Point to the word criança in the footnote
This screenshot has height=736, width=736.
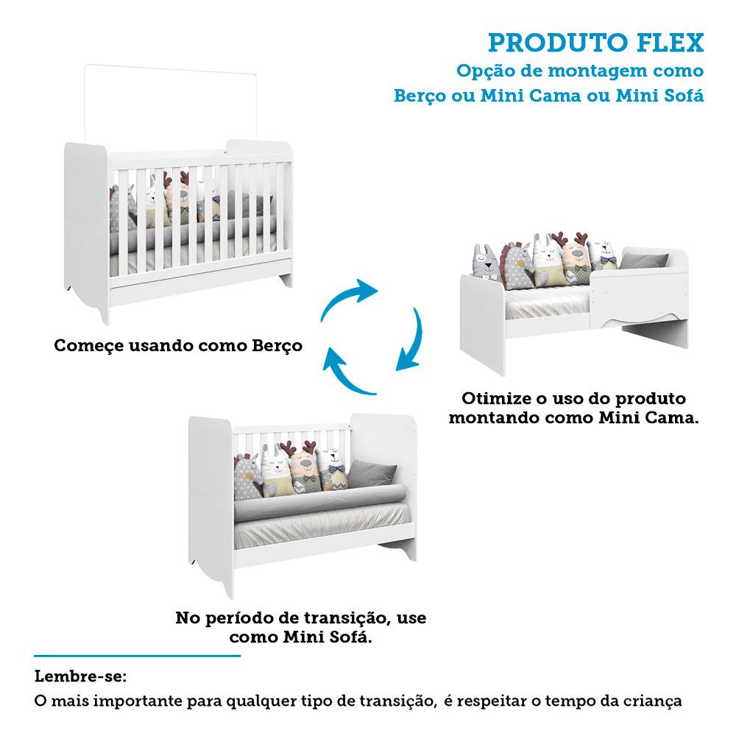click(x=654, y=700)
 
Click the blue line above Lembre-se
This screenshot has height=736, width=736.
click(x=138, y=654)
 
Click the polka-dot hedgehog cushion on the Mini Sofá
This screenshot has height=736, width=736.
click(x=249, y=477)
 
